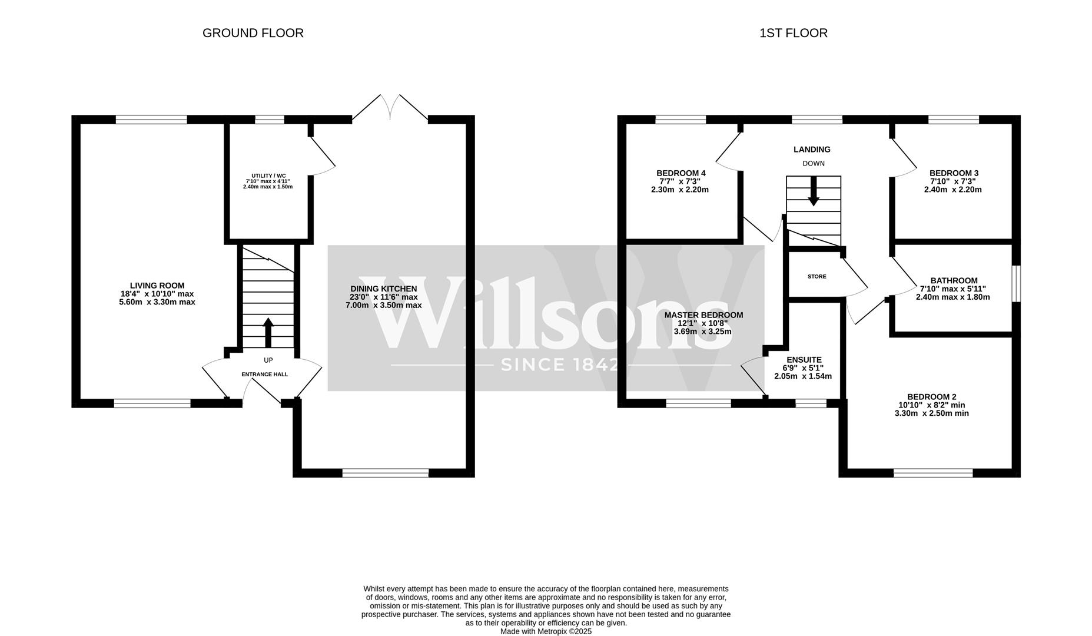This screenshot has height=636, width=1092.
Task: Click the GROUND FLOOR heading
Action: coord(253,33)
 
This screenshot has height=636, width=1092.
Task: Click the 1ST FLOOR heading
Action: coord(793,33)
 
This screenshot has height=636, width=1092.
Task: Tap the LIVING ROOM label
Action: coord(157,286)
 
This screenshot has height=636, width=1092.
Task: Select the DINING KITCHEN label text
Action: coord(383,289)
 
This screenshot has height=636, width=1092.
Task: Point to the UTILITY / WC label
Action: coord(268,176)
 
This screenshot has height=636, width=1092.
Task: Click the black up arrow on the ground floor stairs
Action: coord(268,332)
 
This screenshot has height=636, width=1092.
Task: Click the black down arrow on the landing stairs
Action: coord(814,191)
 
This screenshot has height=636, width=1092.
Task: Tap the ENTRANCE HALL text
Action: coord(264,375)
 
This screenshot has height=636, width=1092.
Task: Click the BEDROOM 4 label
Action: coord(681,173)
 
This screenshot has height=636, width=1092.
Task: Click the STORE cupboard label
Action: coord(816,277)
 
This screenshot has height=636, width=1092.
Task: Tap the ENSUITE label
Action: coord(804,360)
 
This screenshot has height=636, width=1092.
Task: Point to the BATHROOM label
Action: coord(954,281)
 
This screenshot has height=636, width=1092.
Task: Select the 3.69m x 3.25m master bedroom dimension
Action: coord(702,332)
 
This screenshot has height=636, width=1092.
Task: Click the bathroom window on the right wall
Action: coord(1016,284)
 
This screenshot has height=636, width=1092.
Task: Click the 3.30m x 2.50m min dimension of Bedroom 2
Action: coord(931,413)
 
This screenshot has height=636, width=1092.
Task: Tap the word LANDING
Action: coord(812,150)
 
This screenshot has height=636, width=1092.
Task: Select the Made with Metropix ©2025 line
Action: coord(546,631)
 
